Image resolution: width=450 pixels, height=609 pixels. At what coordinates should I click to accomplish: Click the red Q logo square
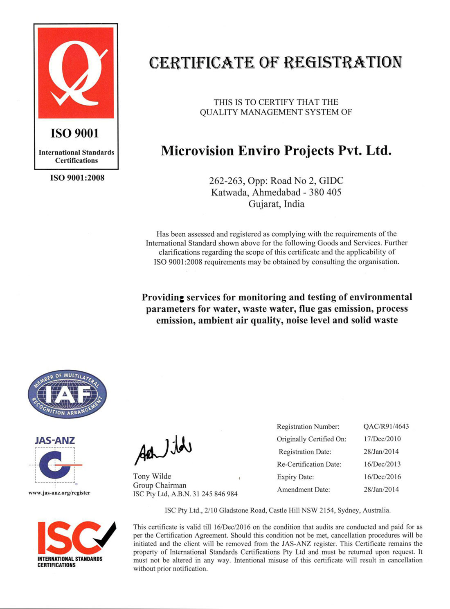(76, 73)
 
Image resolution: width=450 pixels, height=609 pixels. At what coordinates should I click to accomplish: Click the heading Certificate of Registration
(275, 62)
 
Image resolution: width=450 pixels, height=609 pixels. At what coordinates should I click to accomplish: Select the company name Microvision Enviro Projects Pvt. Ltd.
(276, 151)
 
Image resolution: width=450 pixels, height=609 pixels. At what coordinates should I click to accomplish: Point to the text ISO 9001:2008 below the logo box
(77, 178)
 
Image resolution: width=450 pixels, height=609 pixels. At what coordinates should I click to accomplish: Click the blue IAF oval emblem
(67, 394)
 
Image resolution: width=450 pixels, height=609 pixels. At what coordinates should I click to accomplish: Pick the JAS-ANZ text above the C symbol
(55, 440)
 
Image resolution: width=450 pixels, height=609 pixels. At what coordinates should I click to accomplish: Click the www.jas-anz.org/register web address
(59, 493)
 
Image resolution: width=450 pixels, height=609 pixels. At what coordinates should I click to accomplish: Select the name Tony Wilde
(152, 476)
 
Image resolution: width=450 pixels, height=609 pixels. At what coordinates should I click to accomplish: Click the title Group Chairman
(160, 485)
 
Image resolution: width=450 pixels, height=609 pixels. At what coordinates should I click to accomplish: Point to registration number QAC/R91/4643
(386, 427)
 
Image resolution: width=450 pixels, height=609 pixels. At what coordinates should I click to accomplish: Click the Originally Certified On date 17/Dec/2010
(382, 439)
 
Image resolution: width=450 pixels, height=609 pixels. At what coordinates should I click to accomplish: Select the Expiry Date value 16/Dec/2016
(382, 477)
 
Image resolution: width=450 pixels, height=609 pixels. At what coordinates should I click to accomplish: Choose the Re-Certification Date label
(309, 464)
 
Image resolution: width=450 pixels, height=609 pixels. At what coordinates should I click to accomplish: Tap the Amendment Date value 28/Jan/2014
(381, 490)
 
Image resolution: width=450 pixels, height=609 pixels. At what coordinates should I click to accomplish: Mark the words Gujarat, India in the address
(276, 204)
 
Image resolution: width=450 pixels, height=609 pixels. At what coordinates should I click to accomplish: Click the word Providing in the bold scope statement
(163, 297)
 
